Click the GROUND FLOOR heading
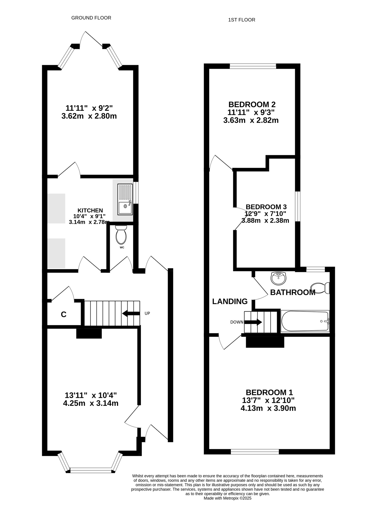91,18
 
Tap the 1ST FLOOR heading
241,20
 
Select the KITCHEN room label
90,210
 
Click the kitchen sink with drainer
125,199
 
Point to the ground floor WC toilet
121,235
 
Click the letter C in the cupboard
64,314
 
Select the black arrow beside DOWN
253,322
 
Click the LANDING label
230,301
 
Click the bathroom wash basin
278,278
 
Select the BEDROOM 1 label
269,392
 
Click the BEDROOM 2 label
252,105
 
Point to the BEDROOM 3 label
266,207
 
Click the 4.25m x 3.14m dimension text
91,403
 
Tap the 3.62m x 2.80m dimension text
89,116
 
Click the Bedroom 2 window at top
253,66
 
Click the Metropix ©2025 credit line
227,498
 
